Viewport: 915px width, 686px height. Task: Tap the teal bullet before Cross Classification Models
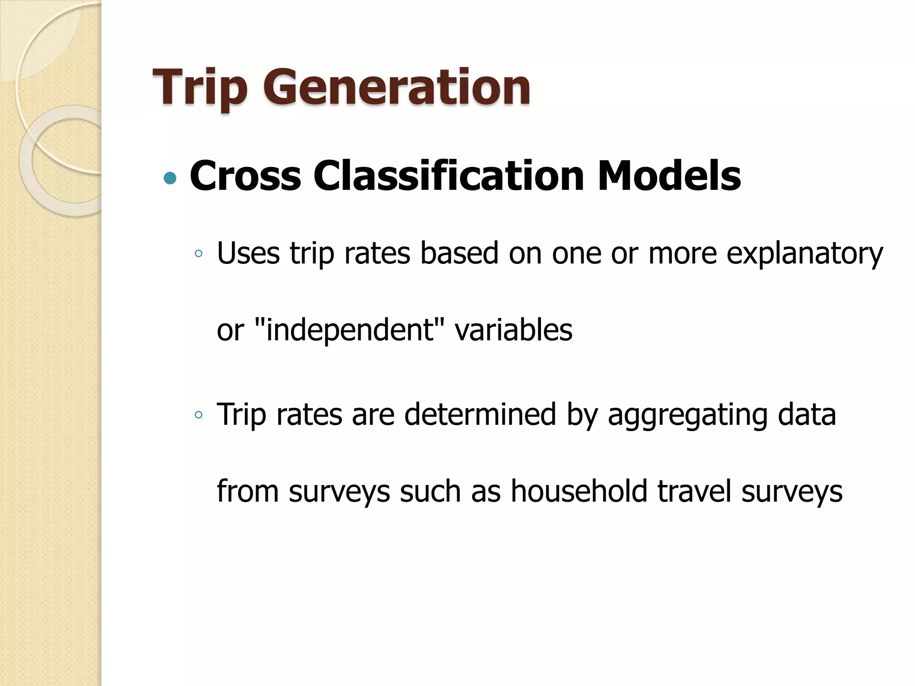pos(170,179)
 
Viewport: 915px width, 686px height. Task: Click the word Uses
pos(248,253)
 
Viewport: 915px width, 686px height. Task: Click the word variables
pos(513,330)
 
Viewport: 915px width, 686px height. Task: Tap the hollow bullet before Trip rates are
pos(198,415)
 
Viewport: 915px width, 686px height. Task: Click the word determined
pos(480,414)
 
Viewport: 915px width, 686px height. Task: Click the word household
pos(579,491)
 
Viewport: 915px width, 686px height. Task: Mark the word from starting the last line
pos(248,491)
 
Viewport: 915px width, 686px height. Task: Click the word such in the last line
pos(430,491)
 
